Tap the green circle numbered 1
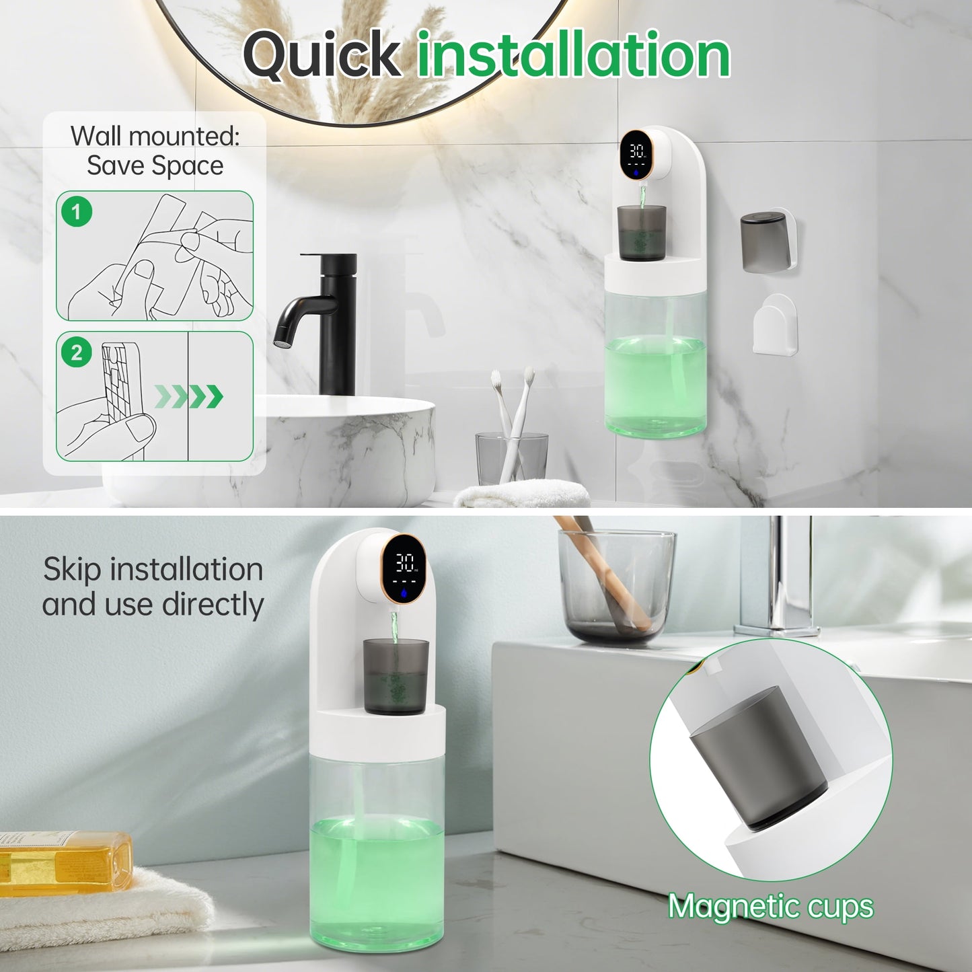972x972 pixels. (x=77, y=213)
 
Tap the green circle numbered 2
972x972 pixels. (x=77, y=352)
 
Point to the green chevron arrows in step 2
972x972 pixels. (x=190, y=397)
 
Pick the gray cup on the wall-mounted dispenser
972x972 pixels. (x=641, y=233)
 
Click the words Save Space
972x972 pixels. (x=155, y=165)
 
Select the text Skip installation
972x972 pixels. (x=153, y=569)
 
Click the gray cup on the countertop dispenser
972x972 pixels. (x=395, y=675)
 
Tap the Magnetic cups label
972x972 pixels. (x=771, y=907)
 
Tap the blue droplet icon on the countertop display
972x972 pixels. (x=404, y=593)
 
